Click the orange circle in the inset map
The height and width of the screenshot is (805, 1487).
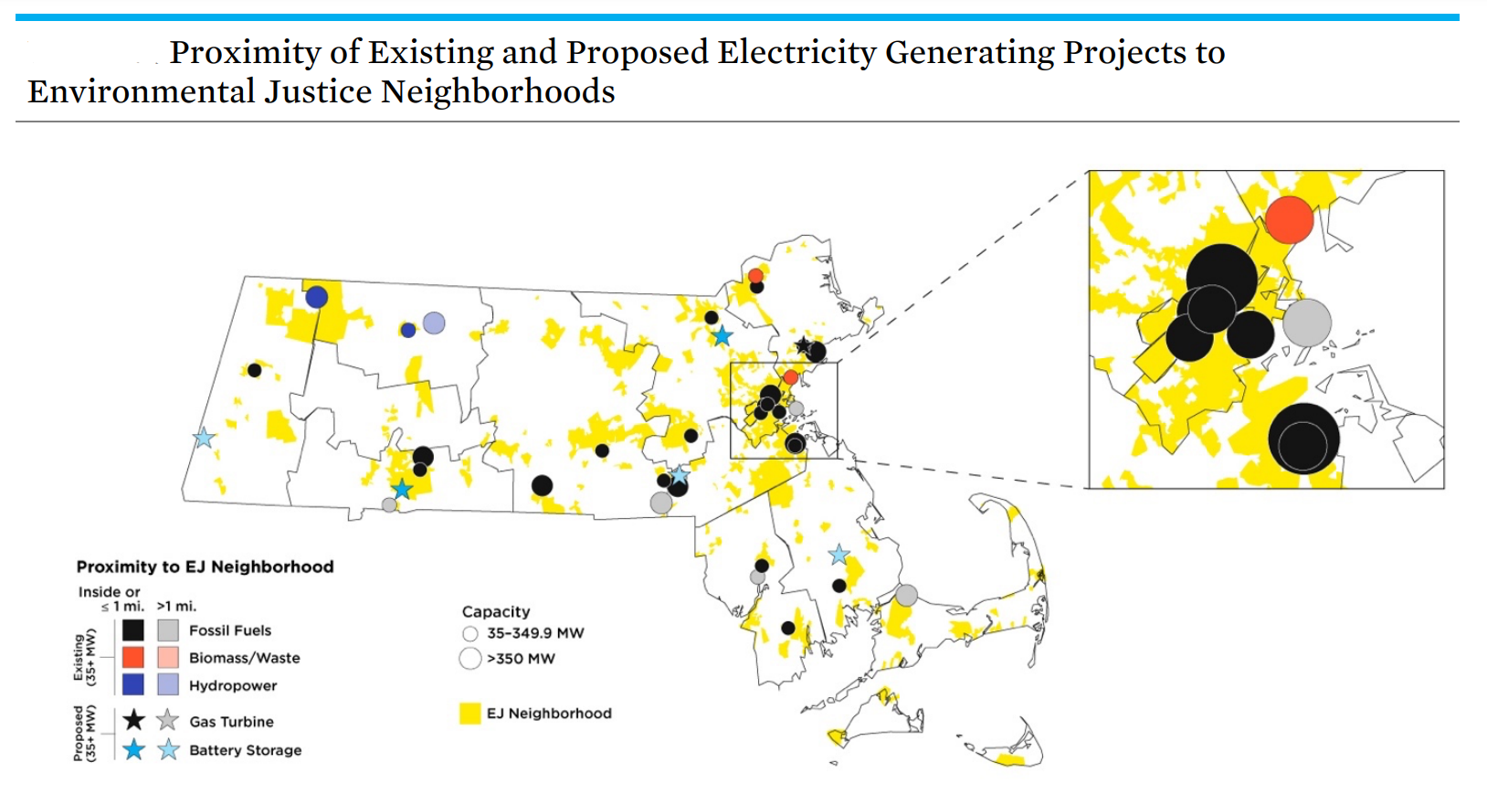coord(1289,219)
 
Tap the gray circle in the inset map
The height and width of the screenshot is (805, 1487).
coord(1306,323)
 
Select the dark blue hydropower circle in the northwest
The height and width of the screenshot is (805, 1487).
coord(316,296)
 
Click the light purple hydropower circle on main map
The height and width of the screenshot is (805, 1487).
coord(434,323)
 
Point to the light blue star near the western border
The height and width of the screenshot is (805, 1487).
coord(204,438)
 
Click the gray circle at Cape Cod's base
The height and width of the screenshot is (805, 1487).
coord(906,595)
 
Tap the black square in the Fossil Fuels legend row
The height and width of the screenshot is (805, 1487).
coord(133,630)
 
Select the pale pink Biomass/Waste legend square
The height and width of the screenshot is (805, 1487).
coord(168,657)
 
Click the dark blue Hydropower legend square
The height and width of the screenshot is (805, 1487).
coord(133,684)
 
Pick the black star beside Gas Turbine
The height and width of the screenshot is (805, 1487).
coord(133,720)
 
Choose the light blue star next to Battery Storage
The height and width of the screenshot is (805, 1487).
coord(168,750)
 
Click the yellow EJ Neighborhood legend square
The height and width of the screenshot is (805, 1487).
coord(469,714)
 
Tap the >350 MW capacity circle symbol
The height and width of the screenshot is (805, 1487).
coord(470,658)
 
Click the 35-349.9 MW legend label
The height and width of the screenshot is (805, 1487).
coord(535,632)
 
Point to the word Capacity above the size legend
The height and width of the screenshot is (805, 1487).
coord(496,611)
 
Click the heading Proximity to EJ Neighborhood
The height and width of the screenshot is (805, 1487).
coord(205,567)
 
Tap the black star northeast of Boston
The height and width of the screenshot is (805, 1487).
coord(802,345)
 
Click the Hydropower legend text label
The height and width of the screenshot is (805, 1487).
coord(233,685)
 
